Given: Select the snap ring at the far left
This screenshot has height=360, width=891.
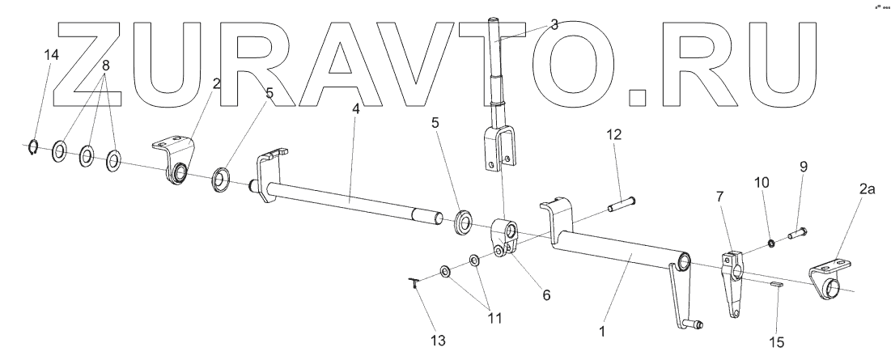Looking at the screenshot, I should click(x=31, y=147).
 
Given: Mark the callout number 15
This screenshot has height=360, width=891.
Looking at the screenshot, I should click(x=776, y=342).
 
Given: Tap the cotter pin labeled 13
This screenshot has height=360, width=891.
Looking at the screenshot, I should click(x=414, y=283).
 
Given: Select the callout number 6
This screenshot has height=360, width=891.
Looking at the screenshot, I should click(x=547, y=296).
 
